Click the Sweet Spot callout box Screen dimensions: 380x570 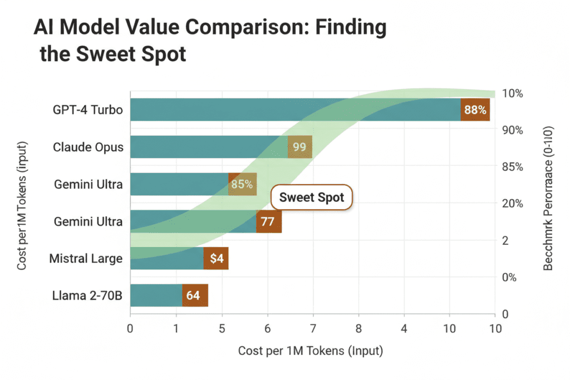[311, 198]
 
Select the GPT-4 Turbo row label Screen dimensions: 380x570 [88, 110]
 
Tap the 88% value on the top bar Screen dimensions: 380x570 [475, 110]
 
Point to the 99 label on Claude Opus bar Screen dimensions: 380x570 [300, 147]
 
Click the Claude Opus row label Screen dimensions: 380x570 [88, 147]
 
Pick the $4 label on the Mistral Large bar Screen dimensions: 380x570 [216, 258]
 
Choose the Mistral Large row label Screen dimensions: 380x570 [86, 258]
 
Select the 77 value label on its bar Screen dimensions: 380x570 [268, 221]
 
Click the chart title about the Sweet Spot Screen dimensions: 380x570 [210, 42]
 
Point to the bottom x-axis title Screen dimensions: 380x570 [311, 351]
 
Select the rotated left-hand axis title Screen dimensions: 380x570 [22, 206]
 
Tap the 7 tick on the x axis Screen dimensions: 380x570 [313, 329]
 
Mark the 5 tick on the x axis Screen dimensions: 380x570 [222, 329]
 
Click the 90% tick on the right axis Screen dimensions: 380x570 [512, 130]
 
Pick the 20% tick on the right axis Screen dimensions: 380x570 [512, 204]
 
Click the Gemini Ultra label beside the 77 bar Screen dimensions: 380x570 [88, 221]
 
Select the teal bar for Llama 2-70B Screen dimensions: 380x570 [156, 295]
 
